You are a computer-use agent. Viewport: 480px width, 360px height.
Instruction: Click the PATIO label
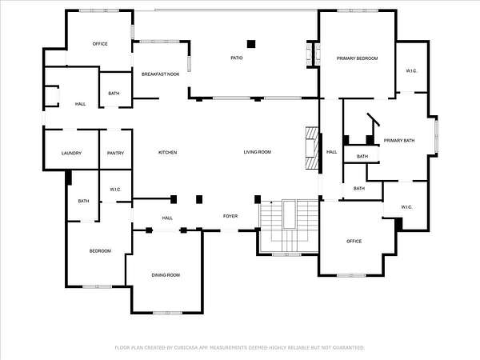(237, 58)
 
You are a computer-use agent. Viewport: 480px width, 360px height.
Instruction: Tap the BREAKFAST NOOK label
(161, 74)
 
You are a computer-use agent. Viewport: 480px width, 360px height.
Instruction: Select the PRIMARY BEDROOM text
(357, 58)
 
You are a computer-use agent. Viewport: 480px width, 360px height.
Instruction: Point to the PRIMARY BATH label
(399, 141)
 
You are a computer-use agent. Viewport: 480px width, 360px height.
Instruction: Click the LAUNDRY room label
(71, 153)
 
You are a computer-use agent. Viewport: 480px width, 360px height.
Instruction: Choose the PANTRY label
(115, 153)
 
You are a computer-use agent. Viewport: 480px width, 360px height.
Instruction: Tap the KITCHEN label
(167, 153)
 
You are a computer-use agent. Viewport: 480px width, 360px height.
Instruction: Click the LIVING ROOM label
(257, 152)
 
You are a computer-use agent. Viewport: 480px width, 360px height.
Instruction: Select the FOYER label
(230, 216)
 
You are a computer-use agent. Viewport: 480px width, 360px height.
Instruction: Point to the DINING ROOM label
(166, 275)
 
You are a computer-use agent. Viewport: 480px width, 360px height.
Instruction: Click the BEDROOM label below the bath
(100, 251)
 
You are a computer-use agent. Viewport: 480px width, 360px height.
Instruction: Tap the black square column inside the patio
(251, 44)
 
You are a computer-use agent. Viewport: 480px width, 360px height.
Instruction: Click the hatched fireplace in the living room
(313, 149)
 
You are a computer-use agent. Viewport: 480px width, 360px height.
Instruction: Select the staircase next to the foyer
(289, 226)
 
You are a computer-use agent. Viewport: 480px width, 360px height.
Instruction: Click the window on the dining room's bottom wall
(167, 313)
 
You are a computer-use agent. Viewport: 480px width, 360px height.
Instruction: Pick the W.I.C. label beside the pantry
(115, 190)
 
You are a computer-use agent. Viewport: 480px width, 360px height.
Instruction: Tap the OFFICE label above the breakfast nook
(100, 44)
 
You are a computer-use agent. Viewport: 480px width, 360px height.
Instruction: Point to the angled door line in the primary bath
(374, 119)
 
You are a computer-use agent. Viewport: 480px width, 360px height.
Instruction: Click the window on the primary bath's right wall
(437, 136)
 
